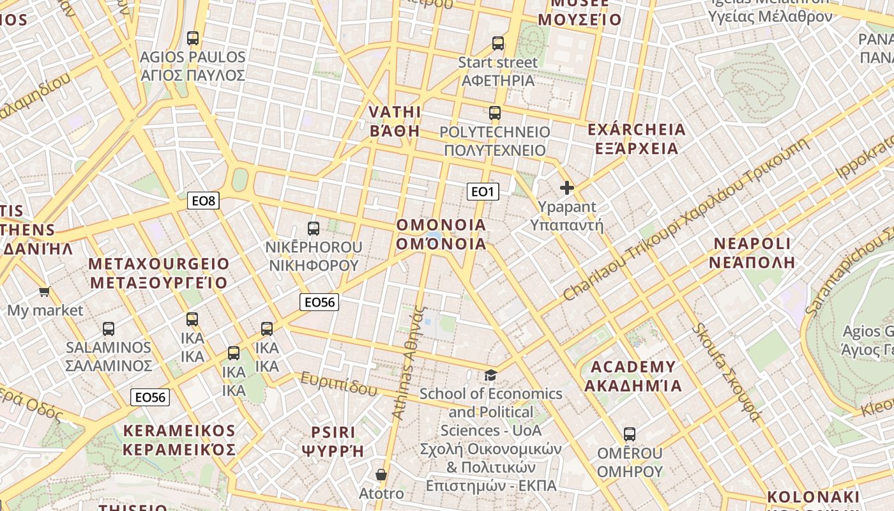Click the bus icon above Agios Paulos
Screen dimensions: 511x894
click(193, 38)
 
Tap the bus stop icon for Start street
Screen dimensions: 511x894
click(498, 43)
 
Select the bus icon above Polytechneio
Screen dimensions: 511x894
click(495, 113)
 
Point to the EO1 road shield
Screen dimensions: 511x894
click(483, 191)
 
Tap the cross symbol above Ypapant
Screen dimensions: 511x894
click(566, 188)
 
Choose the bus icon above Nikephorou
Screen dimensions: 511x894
click(314, 228)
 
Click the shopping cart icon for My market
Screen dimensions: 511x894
click(44, 292)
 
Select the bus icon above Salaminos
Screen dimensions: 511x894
click(109, 329)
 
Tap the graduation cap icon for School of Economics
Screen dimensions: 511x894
click(490, 375)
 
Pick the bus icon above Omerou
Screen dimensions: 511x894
click(630, 434)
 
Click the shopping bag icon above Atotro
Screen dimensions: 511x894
click(381, 475)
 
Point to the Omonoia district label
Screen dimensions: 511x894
click(441, 234)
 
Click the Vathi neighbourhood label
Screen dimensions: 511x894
click(395, 121)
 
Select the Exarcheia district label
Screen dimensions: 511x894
click(636, 139)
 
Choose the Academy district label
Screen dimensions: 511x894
click(633, 376)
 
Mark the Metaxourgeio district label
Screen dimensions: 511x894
click(158, 273)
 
